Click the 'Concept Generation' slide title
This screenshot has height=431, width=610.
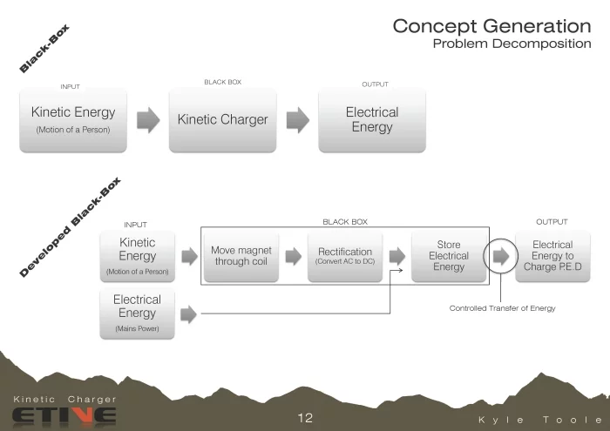click(x=491, y=26)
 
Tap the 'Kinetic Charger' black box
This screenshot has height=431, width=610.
click(x=222, y=120)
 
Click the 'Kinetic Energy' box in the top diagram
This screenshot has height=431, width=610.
click(x=73, y=120)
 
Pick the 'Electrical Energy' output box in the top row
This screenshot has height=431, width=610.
click(x=372, y=120)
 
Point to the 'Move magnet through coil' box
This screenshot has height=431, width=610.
click(x=241, y=256)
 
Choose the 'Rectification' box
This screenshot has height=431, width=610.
click(x=344, y=256)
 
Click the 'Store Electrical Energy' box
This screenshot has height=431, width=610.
click(x=448, y=256)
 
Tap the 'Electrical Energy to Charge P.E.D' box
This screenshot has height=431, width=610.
click(x=552, y=256)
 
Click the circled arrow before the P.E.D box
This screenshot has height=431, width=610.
click(x=501, y=256)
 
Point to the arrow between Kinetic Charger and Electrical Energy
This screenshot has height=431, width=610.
click(x=298, y=120)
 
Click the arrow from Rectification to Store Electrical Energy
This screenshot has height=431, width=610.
click(x=396, y=256)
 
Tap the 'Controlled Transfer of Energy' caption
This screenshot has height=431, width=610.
click(x=502, y=308)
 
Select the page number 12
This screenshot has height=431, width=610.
click(x=304, y=418)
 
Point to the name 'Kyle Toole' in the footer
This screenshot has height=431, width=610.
click(x=539, y=420)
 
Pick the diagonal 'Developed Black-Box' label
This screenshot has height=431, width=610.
click(x=71, y=228)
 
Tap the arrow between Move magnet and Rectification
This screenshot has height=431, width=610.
click(x=293, y=256)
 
